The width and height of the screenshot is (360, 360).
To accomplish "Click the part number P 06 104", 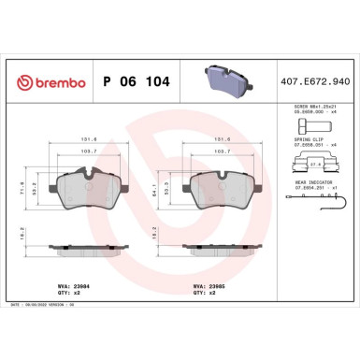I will click(x=133, y=81).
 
